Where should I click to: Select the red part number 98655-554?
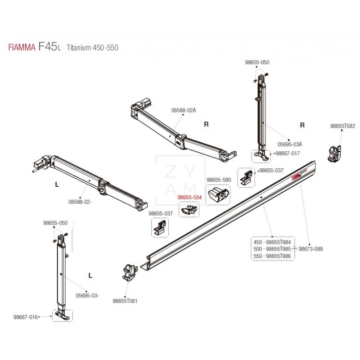[189, 198]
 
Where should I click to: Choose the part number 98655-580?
[218, 180]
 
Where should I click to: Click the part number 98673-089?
[311, 248]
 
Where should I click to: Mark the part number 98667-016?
[26, 317]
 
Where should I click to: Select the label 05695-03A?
[289, 144]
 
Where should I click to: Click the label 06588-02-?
[81, 202]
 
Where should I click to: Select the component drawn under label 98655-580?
[218, 195]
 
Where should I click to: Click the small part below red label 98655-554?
[189, 209]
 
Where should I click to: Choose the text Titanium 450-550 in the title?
[92, 47]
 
